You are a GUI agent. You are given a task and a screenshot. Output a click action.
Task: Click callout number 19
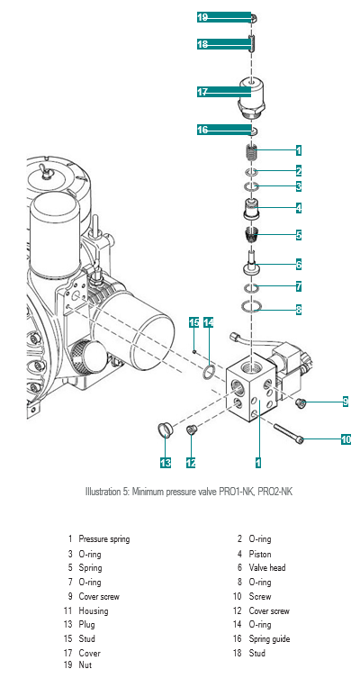point(202,17)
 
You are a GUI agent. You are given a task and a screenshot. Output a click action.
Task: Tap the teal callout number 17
point(202,92)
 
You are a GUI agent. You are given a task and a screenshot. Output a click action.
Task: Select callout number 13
point(166,462)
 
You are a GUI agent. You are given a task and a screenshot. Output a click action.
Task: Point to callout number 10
point(346,439)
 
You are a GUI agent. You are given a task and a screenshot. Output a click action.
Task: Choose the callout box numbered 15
point(194,322)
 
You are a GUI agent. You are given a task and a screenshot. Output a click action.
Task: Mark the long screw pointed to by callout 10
point(289,432)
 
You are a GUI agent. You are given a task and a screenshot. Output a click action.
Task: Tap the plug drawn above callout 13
point(164,430)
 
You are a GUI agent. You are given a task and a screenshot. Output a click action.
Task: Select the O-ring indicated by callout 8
point(251,306)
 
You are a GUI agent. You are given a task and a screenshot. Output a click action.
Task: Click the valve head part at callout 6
point(250,262)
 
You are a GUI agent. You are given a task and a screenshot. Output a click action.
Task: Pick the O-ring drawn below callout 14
point(209,371)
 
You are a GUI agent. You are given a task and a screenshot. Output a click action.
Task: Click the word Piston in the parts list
point(260,554)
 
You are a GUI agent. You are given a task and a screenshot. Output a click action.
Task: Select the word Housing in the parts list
point(94,611)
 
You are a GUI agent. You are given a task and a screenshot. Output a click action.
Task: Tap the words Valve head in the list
point(267,568)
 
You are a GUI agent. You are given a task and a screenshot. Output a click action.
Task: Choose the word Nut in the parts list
point(85,665)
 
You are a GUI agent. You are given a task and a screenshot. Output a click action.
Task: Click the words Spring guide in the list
point(269,639)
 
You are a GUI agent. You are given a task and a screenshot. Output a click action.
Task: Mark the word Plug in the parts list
point(86,625)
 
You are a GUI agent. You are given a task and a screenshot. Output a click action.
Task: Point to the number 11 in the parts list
point(67,611)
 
